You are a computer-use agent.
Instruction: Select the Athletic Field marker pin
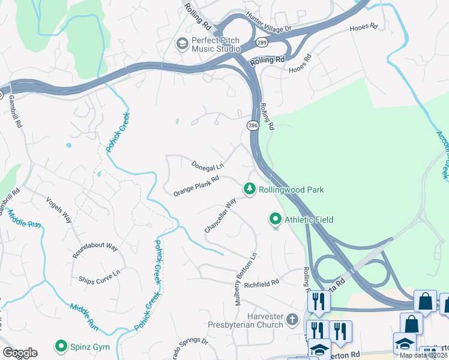click(276, 220)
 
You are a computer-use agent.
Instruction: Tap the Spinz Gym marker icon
click(61, 346)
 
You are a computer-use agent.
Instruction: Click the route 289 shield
click(262, 43)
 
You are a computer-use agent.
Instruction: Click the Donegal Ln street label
click(207, 165)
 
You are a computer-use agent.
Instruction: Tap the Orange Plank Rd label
click(196, 186)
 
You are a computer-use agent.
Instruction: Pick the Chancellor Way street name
click(220, 217)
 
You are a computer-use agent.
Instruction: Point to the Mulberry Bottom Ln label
click(246, 279)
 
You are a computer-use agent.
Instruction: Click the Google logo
click(20, 353)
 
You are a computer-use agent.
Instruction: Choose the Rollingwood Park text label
click(291, 190)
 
